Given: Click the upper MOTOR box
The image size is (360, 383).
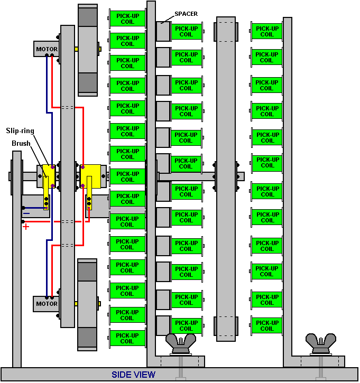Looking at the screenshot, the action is click(x=47, y=49).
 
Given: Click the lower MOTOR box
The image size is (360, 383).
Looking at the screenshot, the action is click(x=46, y=304).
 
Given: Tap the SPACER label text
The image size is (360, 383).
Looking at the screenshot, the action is click(x=186, y=14).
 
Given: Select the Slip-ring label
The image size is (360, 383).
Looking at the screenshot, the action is click(x=20, y=131).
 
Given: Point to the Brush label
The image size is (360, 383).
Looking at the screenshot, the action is click(x=21, y=143).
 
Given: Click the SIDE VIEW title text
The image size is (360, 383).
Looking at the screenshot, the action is click(x=133, y=375).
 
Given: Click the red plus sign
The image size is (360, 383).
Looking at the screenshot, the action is click(x=26, y=227).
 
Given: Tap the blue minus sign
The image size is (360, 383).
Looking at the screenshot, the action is click(x=26, y=213).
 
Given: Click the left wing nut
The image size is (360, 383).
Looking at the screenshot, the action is click(x=181, y=344).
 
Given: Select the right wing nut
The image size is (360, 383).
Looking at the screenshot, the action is click(x=321, y=344).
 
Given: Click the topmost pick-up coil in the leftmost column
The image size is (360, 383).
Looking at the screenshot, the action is click(x=127, y=18).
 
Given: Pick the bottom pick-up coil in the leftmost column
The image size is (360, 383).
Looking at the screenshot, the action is click(x=127, y=338).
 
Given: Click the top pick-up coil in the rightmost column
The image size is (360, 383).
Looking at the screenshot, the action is click(x=266, y=31).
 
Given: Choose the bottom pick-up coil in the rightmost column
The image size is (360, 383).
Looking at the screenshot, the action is click(x=266, y=325).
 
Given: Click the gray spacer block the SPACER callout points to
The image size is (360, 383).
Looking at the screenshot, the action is click(x=163, y=31).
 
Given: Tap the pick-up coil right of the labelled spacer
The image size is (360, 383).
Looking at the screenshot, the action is click(x=187, y=31).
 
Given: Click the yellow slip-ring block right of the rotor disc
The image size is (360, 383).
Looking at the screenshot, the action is click(x=90, y=176).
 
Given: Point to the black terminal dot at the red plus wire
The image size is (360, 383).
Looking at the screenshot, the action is click(x=23, y=221).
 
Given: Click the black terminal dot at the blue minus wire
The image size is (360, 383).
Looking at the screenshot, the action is click(x=23, y=208).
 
